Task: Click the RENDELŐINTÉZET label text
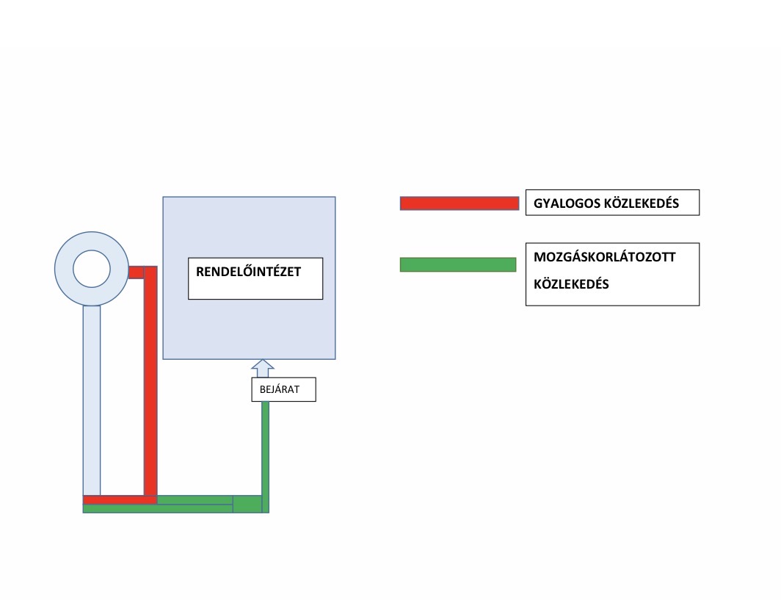pos(249,271)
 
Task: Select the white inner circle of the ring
pos(92,268)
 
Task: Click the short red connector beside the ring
pos(136,272)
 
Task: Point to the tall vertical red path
pos(150,382)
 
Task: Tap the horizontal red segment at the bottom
pos(117,500)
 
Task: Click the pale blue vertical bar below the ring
pos(92,400)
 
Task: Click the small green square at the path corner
pos(247,504)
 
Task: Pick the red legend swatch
pos(459,203)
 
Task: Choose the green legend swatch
pos(458,264)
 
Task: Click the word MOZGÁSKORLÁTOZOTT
pos(605,259)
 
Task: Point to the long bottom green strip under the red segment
pos(158,508)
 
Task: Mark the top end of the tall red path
pos(150,269)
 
